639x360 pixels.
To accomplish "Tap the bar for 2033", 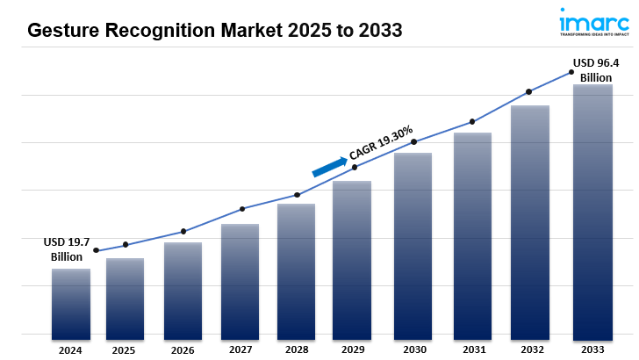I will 592,211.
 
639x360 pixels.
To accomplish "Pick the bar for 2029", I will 351,259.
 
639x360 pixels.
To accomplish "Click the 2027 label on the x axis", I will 240,349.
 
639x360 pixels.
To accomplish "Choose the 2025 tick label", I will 124,349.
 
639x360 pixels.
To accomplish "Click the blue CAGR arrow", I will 329,166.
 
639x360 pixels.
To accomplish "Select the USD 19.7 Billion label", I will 68,249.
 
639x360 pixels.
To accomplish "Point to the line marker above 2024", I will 97,251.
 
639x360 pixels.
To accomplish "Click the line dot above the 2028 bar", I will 297,195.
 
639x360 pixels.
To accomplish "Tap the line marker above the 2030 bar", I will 413,142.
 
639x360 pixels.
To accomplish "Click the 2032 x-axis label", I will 529,349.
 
